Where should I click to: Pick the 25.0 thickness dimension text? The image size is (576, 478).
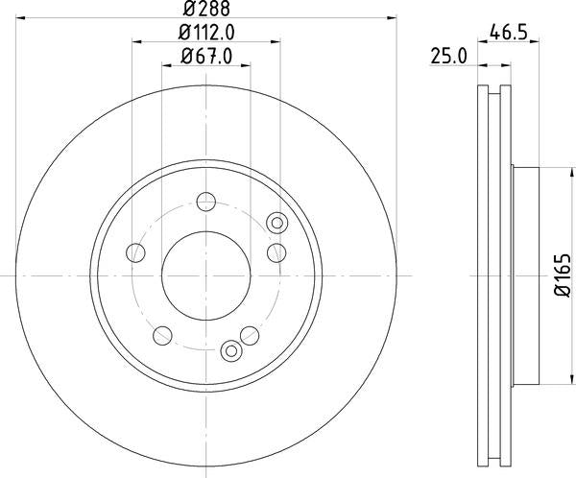[x=448, y=56]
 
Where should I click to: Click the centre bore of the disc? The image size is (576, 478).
[x=206, y=274]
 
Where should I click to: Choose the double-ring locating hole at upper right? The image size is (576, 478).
[x=277, y=224]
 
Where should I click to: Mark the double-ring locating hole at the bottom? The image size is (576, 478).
[x=230, y=350]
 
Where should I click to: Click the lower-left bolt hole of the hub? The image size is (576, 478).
[x=163, y=334]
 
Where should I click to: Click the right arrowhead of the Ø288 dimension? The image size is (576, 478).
[x=392, y=17]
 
